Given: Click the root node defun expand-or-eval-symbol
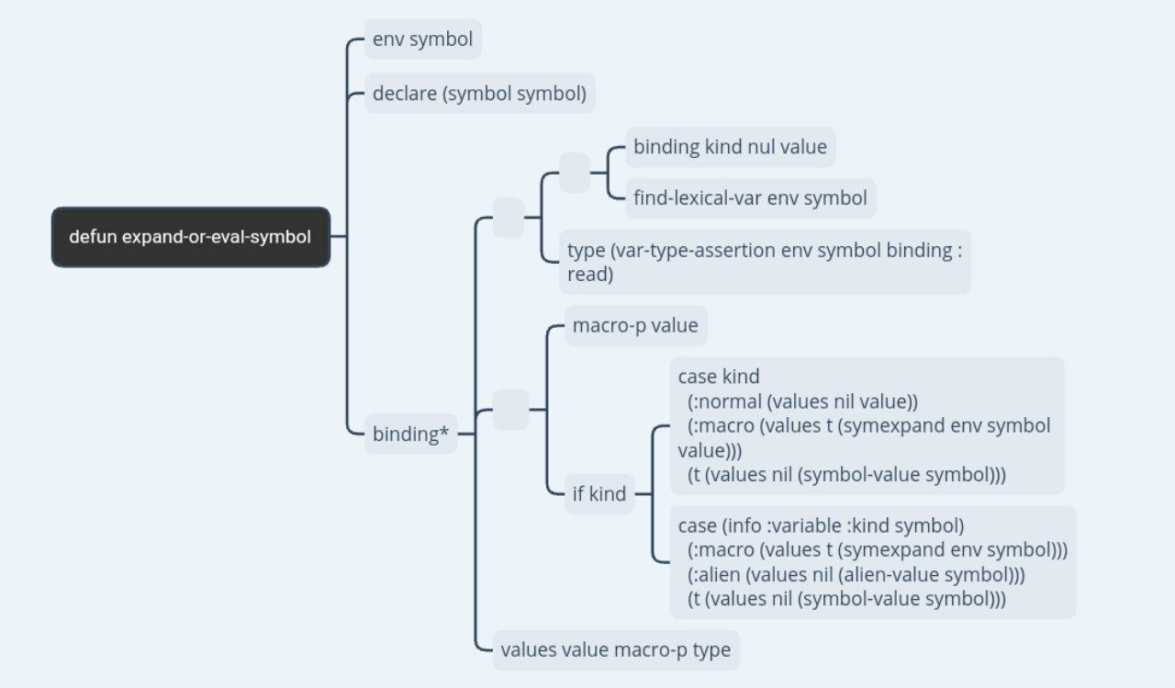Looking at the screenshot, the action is pyautogui.click(x=191, y=237).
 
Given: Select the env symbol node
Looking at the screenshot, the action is pyautogui.click(x=423, y=39).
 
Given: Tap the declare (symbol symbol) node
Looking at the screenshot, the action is pyautogui.click(x=479, y=94).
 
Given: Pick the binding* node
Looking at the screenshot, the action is pyautogui.click(x=410, y=434).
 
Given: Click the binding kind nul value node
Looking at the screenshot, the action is pyautogui.click(x=730, y=147).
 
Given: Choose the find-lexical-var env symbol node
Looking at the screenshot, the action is pyautogui.click(x=750, y=198).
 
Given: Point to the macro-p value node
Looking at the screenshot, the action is pyautogui.click(x=635, y=325).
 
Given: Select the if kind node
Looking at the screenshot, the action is pyautogui.click(x=599, y=494).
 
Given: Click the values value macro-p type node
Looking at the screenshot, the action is pyautogui.click(x=616, y=649).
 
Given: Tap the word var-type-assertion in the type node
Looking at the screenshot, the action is pyautogui.click(x=692, y=251).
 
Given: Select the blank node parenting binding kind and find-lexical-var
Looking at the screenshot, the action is pyautogui.click(x=575, y=173).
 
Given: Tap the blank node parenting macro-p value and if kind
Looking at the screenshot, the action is pyautogui.click(x=511, y=410).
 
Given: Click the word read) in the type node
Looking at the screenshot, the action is pyautogui.click(x=590, y=275).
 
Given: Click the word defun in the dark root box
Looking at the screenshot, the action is pyautogui.click(x=93, y=237).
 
